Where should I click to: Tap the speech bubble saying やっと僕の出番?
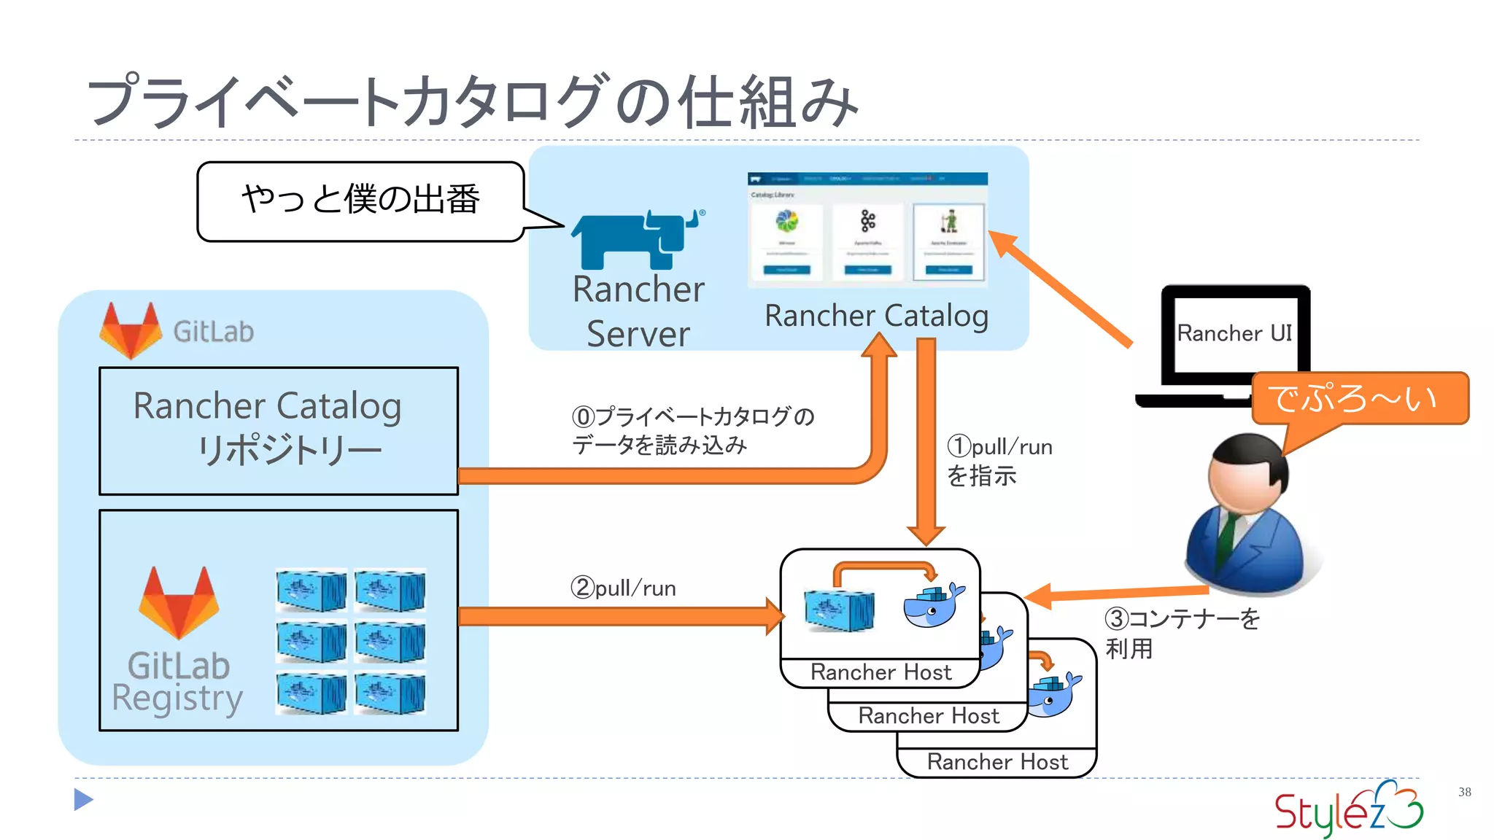(x=360, y=201)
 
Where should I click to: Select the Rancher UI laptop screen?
(x=1235, y=333)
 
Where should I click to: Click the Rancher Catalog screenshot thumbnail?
(x=867, y=229)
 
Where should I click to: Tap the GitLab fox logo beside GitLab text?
(x=131, y=330)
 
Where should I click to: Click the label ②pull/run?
(x=623, y=588)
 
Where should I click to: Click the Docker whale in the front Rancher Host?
(x=932, y=605)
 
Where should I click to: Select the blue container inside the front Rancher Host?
(x=839, y=610)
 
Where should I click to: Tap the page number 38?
(x=1464, y=792)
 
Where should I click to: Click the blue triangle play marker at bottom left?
(x=83, y=800)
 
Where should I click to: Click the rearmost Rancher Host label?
(x=996, y=762)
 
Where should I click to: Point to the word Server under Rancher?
(x=638, y=335)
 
